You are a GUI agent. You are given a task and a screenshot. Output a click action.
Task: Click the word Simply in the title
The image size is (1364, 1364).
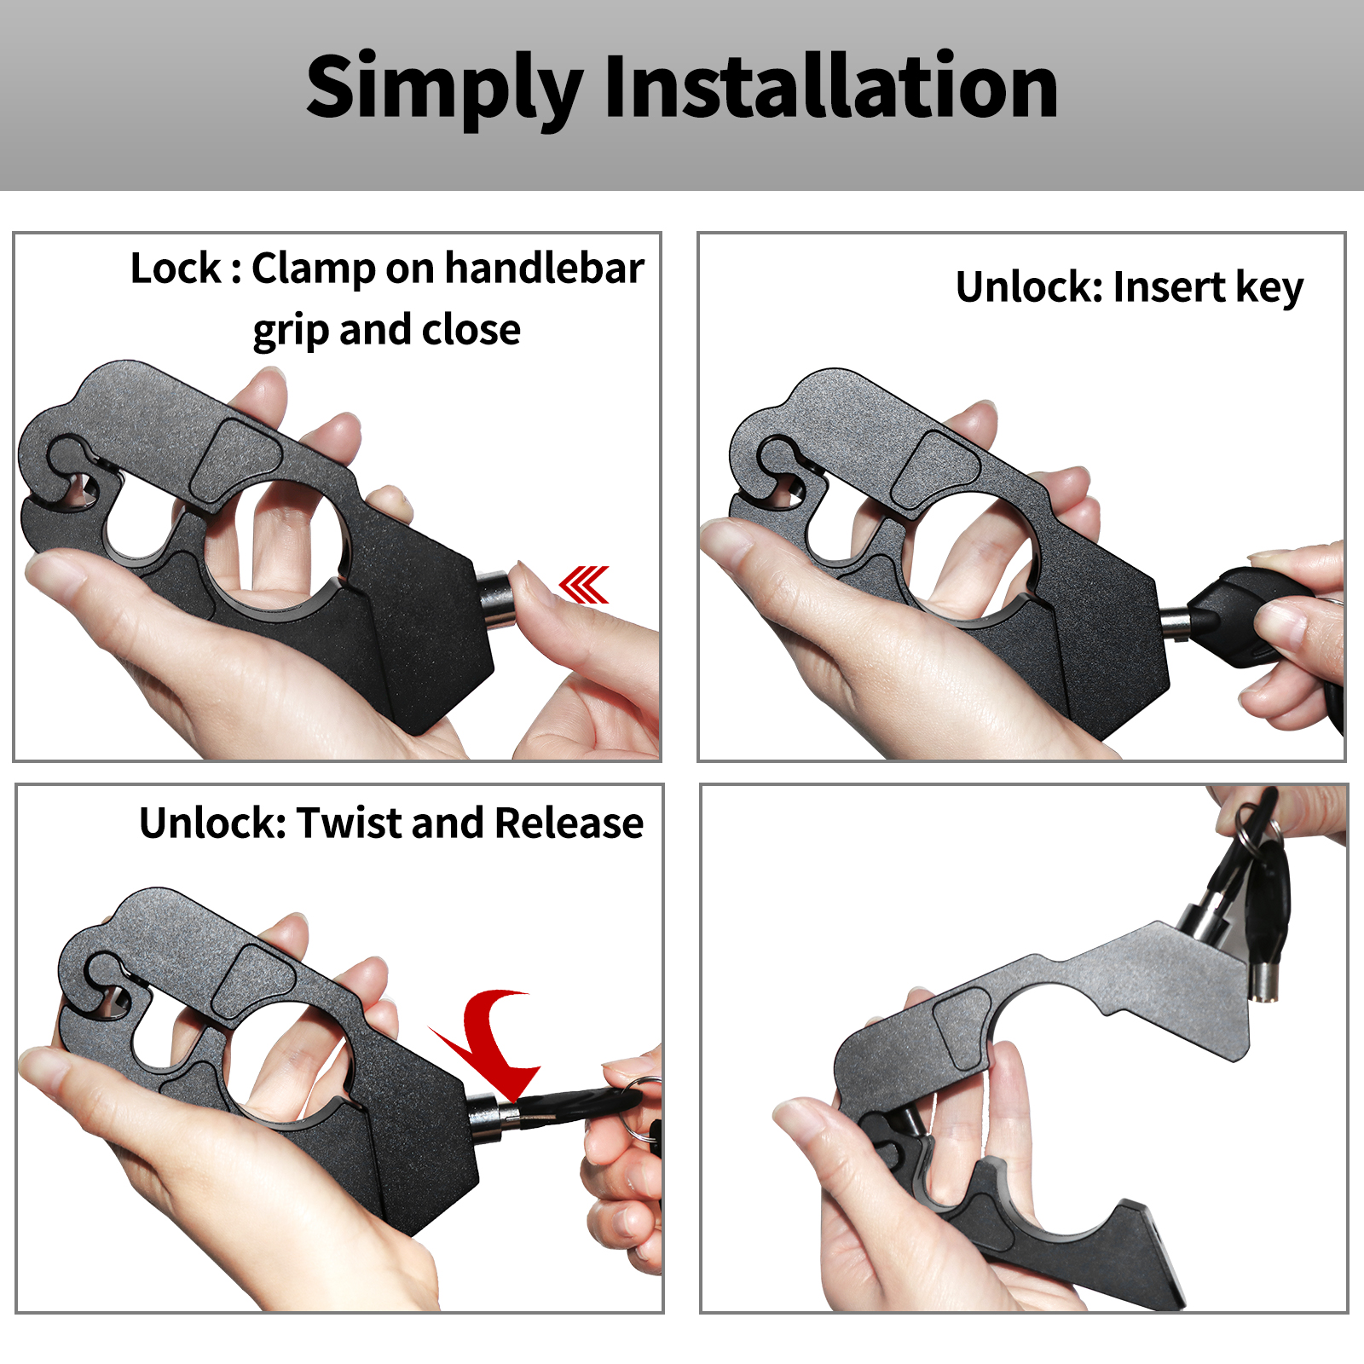(444, 88)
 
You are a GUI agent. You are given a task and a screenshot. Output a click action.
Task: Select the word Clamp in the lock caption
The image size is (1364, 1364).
(313, 269)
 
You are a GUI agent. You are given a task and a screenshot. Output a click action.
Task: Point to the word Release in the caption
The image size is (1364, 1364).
(569, 823)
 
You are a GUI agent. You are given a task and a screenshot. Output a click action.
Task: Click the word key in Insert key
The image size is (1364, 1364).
(1269, 287)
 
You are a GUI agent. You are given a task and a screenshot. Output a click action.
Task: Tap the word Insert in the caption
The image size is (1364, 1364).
(1169, 287)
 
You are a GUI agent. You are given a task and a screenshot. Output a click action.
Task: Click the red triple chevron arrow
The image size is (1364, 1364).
(584, 584)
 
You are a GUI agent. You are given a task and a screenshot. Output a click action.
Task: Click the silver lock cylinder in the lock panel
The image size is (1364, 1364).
(496, 598)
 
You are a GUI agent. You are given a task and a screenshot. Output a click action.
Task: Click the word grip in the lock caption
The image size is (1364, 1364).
(290, 331)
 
